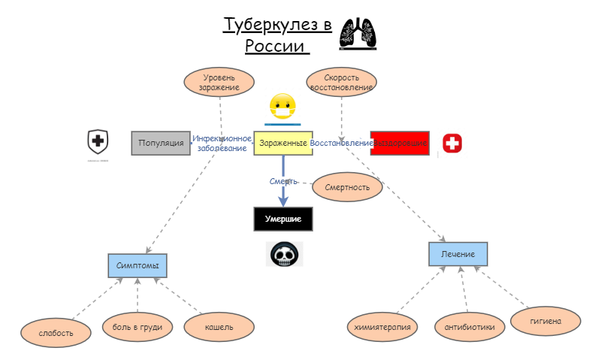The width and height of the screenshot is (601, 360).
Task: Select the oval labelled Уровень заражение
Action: pyautogui.click(x=219, y=82)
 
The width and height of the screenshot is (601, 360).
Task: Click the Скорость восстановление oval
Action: pyautogui.click(x=342, y=82)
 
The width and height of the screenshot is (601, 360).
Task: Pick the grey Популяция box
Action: pyautogui.click(x=161, y=143)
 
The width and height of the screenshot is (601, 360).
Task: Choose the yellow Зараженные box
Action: pyautogui.click(x=282, y=143)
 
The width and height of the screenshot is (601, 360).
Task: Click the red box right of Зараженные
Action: pyautogui.click(x=400, y=143)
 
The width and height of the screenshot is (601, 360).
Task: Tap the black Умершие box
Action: pyautogui.click(x=282, y=219)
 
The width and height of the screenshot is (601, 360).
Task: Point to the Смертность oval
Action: pyautogui.click(x=347, y=187)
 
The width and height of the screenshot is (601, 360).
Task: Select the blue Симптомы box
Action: pyautogui.click(x=137, y=266)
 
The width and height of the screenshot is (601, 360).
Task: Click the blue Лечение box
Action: pyautogui.click(x=458, y=254)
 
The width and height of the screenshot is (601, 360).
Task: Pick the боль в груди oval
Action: pyautogui.click(x=137, y=327)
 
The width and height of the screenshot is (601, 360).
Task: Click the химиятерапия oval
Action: pyautogui.click(x=383, y=327)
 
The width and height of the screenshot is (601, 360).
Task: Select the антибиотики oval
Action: pyautogui.click(x=470, y=327)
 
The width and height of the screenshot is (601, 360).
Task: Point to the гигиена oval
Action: pyautogui.click(x=545, y=321)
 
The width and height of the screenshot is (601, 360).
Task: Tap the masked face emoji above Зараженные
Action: pyautogui.click(x=282, y=107)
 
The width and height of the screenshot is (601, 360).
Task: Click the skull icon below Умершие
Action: pyautogui.click(x=285, y=254)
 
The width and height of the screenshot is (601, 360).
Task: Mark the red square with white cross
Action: pyautogui.click(x=452, y=144)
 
